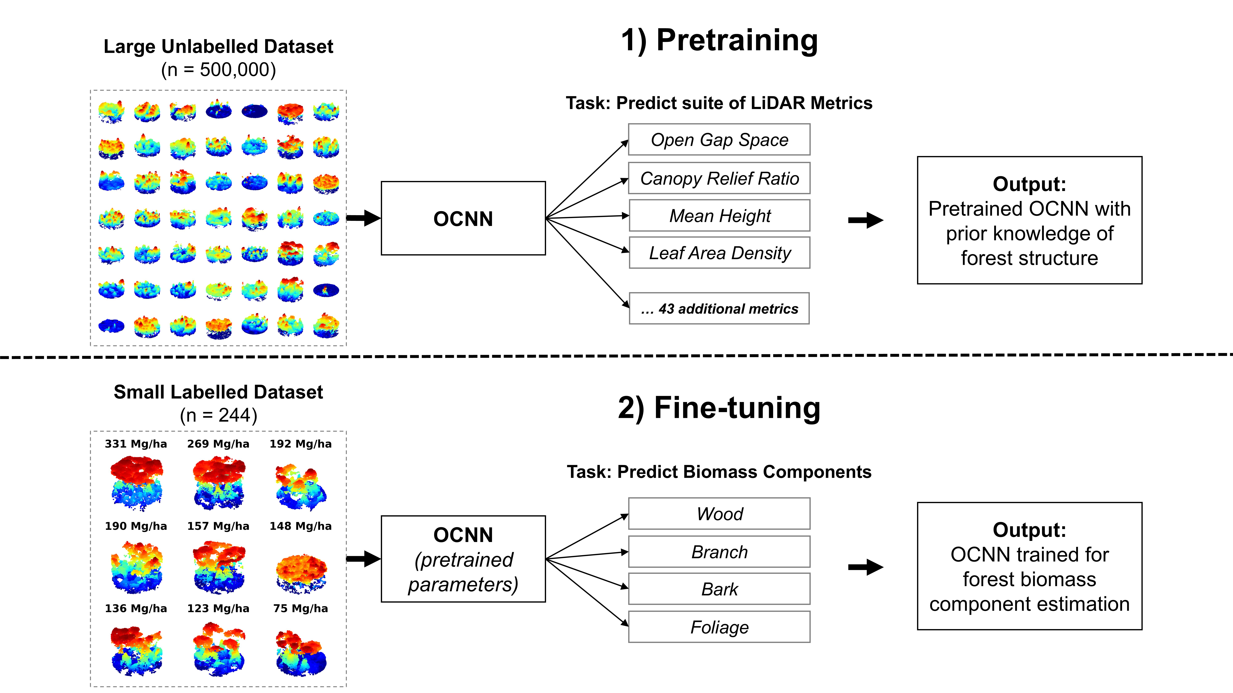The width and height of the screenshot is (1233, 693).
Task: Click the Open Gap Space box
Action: click(719, 140)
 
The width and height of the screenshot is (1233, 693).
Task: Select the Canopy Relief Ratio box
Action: click(719, 178)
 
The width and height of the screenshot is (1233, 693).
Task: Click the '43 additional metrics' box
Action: click(719, 308)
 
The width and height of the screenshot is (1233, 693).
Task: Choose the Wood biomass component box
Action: click(719, 514)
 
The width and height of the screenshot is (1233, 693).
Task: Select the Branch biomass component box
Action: click(719, 552)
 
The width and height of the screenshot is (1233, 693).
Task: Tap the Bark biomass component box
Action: click(719, 589)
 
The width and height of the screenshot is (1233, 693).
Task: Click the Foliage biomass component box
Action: click(719, 627)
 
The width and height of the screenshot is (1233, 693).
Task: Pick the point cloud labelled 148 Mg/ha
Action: click(301, 571)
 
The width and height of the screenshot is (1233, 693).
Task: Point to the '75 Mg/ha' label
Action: click(301, 608)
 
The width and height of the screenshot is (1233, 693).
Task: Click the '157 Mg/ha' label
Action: click(218, 526)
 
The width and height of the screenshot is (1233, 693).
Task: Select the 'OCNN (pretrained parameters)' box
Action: click(463, 559)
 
